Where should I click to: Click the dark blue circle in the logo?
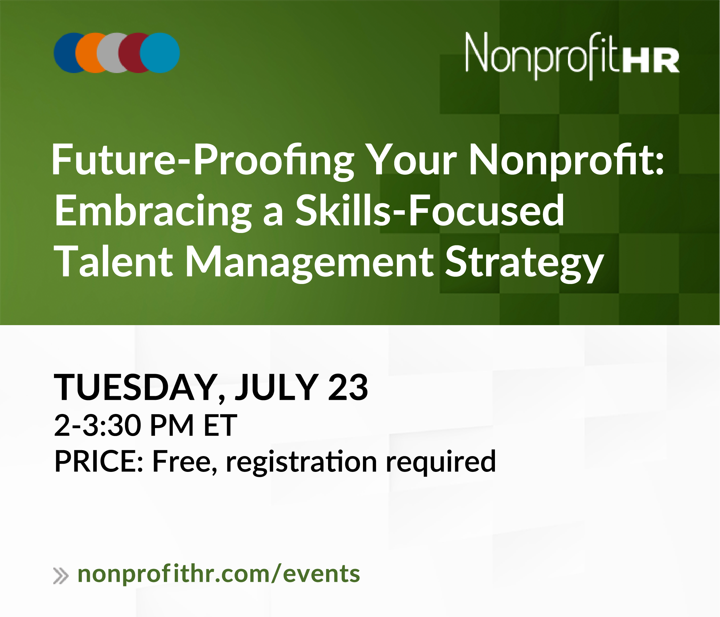(64, 53)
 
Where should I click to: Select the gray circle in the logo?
(107, 53)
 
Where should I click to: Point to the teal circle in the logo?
(160, 53)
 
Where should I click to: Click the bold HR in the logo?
(651, 61)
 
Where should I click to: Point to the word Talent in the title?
(113, 261)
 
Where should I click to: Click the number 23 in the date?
(348, 387)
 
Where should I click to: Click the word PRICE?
(99, 462)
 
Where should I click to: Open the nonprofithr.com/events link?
(219, 574)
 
